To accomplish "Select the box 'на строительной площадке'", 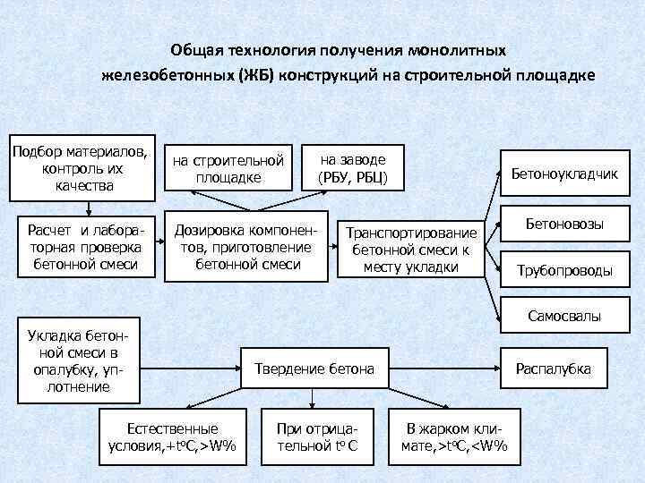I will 228,168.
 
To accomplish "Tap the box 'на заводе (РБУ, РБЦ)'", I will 353,167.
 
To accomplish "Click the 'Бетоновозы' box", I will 564,224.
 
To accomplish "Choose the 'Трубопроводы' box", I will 564,270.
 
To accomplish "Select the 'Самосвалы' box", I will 564,316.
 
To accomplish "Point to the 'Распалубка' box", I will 564,369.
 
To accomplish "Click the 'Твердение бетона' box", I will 315,369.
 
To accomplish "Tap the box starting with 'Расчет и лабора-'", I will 84,242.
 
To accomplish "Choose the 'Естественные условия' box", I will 173,436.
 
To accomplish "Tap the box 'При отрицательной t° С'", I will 318,436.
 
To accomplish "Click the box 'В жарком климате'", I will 456,436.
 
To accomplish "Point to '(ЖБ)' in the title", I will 254,75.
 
